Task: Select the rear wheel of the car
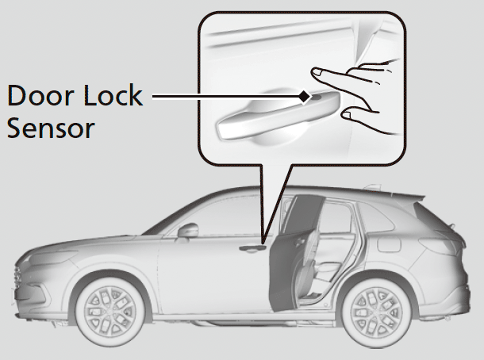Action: point(370,304)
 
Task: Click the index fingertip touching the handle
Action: point(317,74)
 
